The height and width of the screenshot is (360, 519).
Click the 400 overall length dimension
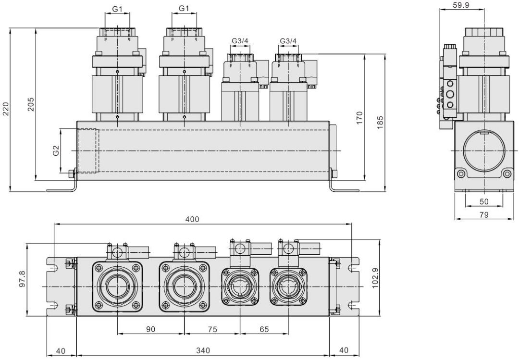tap(192, 219)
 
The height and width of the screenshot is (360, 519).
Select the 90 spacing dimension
tap(151, 329)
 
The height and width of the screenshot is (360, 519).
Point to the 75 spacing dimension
tap(212, 329)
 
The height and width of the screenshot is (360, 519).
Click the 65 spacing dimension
tap(264, 329)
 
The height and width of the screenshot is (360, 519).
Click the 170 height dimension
tap(359, 118)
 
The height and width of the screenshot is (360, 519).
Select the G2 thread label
tap(56, 150)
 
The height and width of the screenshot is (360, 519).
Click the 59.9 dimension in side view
tap(461, 6)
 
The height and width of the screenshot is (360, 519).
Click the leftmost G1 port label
tap(117, 8)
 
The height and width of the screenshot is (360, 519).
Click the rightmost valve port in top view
tap(288, 286)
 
